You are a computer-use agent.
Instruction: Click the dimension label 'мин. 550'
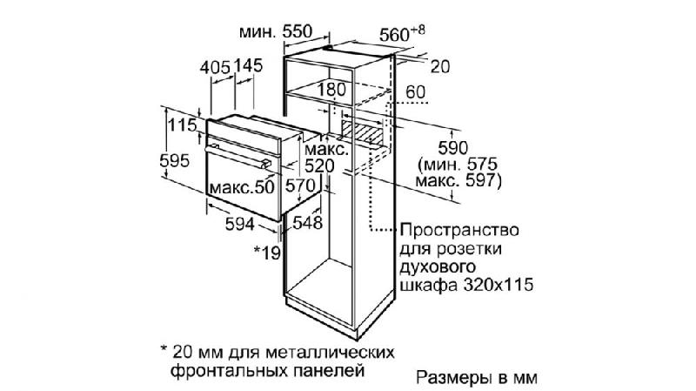pos(276,31)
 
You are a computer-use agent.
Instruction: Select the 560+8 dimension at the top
pos(402,34)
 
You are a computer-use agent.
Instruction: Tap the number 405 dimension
pos(215,68)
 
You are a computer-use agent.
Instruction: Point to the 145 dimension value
pos(249,66)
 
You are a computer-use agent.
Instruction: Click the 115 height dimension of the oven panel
pos(182,125)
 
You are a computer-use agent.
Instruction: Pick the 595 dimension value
pos(175,160)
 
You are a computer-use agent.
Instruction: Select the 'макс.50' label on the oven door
pos(242,187)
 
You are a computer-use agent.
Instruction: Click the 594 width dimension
pos(240,224)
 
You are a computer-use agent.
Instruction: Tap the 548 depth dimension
pos(307,223)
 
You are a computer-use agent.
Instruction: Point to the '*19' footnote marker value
pos(267,253)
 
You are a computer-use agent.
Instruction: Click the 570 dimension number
pos(299,185)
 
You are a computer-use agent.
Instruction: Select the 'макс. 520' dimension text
pos(326,158)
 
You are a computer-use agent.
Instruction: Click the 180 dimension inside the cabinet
pos(331,90)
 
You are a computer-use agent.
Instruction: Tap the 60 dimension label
pos(416,92)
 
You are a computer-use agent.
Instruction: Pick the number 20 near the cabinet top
pos(440,67)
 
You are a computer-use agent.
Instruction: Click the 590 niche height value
pos(452,147)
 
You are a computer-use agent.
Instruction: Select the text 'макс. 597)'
pos(458,181)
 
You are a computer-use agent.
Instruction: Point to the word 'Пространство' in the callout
pos(459,231)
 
